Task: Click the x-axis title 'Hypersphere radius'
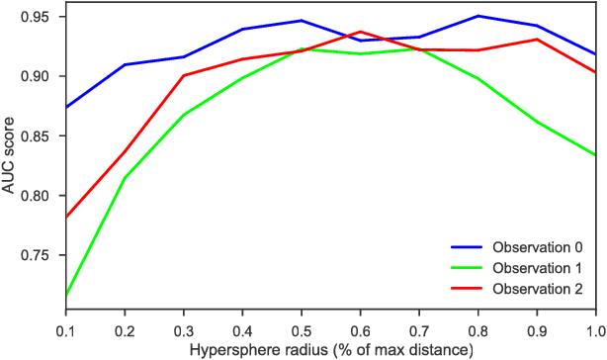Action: pyautogui.click(x=330, y=349)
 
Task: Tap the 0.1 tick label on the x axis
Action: pyautogui.click(x=66, y=329)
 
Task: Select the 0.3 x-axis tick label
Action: pyautogui.click(x=184, y=329)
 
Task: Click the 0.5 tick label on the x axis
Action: pyautogui.click(x=302, y=329)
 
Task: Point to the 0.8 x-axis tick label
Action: pyautogui.click(x=477, y=329)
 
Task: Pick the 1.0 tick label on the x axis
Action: pyautogui.click(x=594, y=329)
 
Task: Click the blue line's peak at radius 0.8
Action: pyautogui.click(x=477, y=16)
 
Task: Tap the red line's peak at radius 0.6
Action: pyautogui.click(x=360, y=32)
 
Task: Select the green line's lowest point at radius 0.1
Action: pyautogui.click(x=66, y=295)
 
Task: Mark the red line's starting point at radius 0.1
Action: pyautogui.click(x=66, y=217)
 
